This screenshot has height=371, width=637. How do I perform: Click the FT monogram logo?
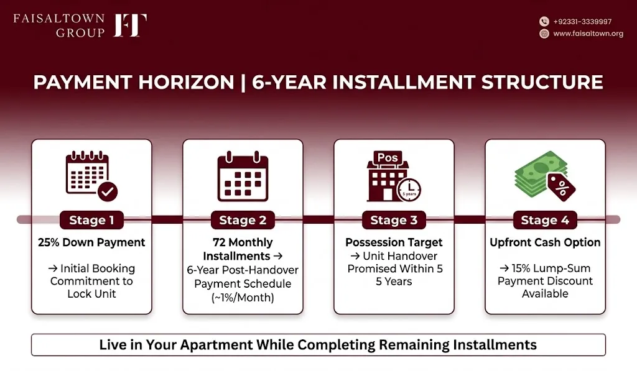tap(130, 25)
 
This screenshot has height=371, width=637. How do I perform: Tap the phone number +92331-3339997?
tap(582, 22)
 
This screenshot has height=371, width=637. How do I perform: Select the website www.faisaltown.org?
tap(588, 34)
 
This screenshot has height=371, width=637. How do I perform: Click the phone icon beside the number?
tap(544, 22)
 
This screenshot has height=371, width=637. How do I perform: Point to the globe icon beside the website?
tap(544, 34)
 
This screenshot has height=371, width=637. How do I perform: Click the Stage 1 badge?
tap(91, 220)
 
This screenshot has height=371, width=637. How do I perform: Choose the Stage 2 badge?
tap(243, 220)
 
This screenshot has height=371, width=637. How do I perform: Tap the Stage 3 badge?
tap(394, 220)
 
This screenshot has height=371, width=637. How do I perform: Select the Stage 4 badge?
tap(545, 220)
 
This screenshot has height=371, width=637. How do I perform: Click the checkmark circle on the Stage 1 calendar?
tap(108, 191)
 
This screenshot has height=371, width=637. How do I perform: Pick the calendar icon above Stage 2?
tap(243, 176)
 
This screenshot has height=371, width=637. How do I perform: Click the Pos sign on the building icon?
tap(388, 158)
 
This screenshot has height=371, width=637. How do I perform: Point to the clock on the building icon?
tap(409, 190)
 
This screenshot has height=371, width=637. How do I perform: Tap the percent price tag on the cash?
tap(561, 186)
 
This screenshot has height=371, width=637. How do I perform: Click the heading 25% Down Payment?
tap(91, 242)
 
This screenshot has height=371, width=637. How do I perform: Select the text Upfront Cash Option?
tap(545, 242)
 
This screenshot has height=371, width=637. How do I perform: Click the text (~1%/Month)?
tap(243, 298)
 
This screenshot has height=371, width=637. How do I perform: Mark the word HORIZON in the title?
tap(185, 83)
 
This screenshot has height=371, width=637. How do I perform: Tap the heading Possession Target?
tap(394, 242)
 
